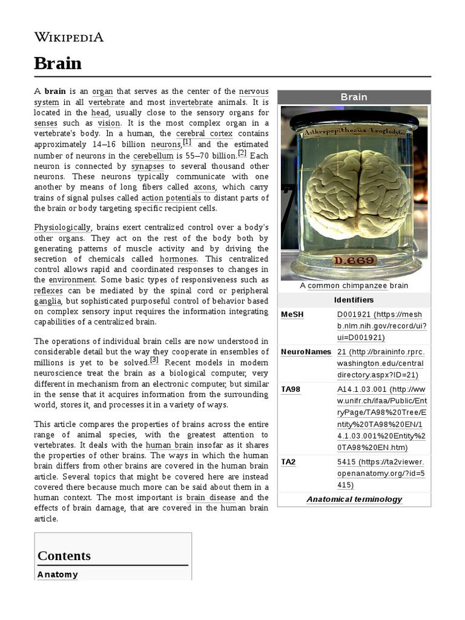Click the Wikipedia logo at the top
pyautogui.click(x=68, y=37)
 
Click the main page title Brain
pyautogui.click(x=58, y=63)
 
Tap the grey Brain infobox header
pyautogui.click(x=354, y=97)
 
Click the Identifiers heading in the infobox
pyautogui.click(x=354, y=300)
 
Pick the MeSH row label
pyautogui.click(x=292, y=314)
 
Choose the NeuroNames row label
pyautogui.click(x=306, y=352)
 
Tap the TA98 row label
pyautogui.click(x=291, y=389)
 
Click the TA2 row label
pyautogui.click(x=288, y=462)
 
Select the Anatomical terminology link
pyautogui.click(x=354, y=500)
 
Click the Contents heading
pyautogui.click(x=64, y=556)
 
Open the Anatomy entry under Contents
pyautogui.click(x=58, y=575)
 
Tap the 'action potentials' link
pyautogui.click(x=172, y=198)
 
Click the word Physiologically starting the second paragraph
pyautogui.click(x=62, y=228)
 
